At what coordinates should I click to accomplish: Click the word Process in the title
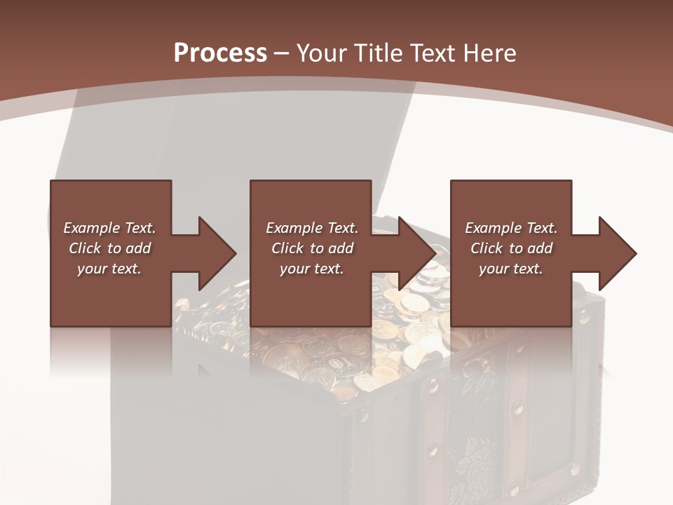click(220, 53)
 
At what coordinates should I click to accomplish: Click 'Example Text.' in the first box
click(109, 228)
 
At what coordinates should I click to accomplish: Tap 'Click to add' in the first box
click(109, 248)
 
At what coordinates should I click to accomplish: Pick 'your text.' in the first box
click(109, 269)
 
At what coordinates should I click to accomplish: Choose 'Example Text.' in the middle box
click(312, 228)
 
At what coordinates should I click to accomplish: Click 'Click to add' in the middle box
click(312, 248)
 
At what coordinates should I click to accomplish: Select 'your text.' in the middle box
click(312, 269)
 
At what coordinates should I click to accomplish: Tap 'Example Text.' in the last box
click(511, 228)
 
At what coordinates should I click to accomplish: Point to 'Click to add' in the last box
click(511, 248)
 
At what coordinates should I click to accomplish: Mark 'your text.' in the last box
click(511, 269)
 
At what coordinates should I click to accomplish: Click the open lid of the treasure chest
click(231, 140)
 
